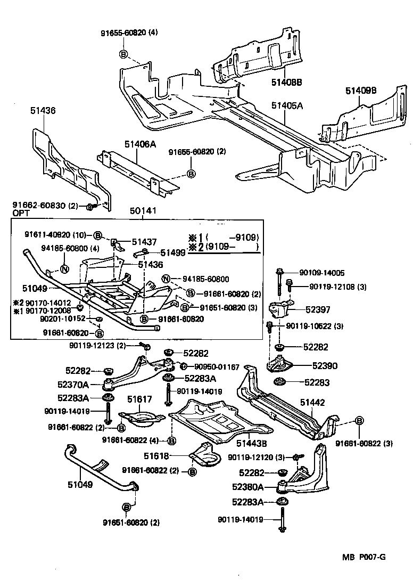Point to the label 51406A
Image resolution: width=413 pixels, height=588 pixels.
142,144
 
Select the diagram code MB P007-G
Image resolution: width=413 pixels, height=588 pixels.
364,558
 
